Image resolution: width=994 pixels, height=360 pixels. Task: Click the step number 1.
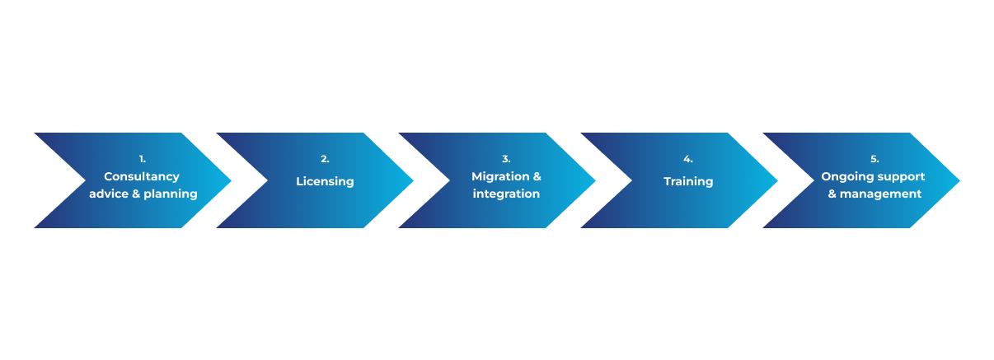coord(142,159)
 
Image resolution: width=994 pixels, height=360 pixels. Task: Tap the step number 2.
coord(325,159)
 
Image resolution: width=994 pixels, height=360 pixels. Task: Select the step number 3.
coord(506,159)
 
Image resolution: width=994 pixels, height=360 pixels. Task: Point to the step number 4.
coord(688,159)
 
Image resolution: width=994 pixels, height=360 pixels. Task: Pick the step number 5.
coord(874,159)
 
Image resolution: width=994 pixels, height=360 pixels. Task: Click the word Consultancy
coord(142,176)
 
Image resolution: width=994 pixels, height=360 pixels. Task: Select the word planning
coord(171,194)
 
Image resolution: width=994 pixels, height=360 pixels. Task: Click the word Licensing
coord(325,181)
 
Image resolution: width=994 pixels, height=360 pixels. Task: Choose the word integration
coord(506,194)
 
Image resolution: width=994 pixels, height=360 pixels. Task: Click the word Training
coord(688,181)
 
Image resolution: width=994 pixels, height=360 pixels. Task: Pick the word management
coord(881,194)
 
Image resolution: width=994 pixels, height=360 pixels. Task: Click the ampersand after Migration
coord(537,176)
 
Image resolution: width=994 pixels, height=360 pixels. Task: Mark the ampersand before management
coord(832,194)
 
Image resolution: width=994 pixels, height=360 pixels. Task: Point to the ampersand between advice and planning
coord(137,194)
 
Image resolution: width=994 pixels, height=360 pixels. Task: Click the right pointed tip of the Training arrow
coord(776,180)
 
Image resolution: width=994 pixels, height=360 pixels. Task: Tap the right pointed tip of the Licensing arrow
coord(412,180)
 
